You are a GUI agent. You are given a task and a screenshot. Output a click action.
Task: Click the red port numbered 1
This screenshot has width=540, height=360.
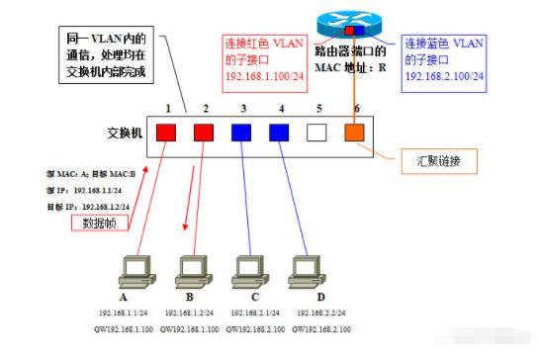pos(167,131)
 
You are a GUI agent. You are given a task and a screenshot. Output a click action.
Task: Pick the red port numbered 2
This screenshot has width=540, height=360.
pos(204,131)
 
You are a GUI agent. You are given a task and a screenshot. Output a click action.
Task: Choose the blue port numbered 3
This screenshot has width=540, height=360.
pos(240,131)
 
